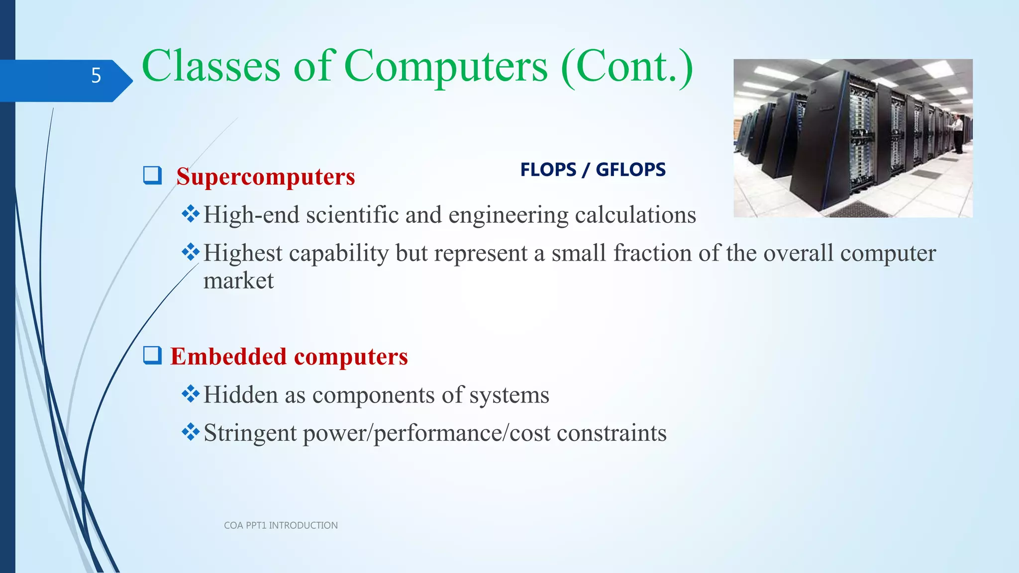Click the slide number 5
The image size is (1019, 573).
coord(96,76)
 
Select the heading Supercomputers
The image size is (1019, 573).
coord(265,177)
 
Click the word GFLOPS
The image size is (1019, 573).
coord(630,170)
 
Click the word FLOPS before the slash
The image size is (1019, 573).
coord(548,170)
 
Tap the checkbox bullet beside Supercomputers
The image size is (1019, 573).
coord(152,175)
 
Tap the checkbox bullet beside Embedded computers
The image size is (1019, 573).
coord(152,355)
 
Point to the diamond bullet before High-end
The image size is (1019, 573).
coord(191,214)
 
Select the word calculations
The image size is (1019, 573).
coord(635,215)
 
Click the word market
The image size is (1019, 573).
coord(238,281)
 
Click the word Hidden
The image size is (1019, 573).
coord(241,395)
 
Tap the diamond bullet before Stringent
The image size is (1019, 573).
coord(191,432)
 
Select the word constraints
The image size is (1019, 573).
coord(611,433)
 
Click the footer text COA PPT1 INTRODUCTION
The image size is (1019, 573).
coord(281,525)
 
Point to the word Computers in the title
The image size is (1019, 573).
coord(445,67)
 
